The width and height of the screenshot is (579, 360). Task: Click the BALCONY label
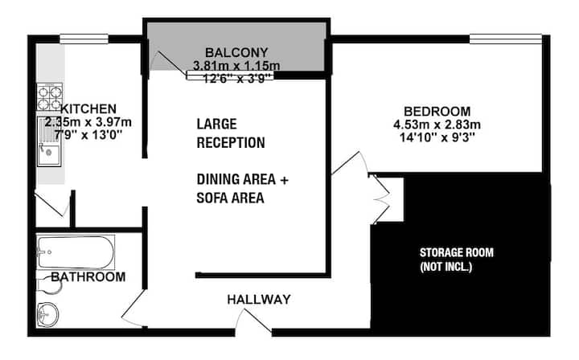(x=236, y=52)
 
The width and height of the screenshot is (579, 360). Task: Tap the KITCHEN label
(x=88, y=108)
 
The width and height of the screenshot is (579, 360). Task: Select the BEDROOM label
(x=437, y=111)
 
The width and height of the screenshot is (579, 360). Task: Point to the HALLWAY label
(x=259, y=299)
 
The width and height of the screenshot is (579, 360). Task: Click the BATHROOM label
(x=88, y=276)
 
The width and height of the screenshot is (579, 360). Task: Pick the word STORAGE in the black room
(x=441, y=252)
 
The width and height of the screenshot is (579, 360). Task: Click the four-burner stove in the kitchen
(x=50, y=96)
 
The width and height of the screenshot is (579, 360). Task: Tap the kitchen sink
(x=49, y=141)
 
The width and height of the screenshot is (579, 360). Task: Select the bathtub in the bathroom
(x=76, y=252)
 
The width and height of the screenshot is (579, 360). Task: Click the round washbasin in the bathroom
(x=47, y=314)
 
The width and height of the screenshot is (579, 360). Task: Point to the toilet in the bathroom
(x=48, y=284)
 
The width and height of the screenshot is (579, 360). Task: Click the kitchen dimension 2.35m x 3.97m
(x=88, y=121)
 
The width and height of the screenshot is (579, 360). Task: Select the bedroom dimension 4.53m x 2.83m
(x=437, y=125)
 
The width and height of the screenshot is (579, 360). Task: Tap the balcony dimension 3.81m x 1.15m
(x=236, y=66)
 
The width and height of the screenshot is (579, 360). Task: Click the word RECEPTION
(x=231, y=142)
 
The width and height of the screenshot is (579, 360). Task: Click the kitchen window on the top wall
(x=84, y=39)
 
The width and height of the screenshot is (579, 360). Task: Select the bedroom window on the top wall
(x=506, y=39)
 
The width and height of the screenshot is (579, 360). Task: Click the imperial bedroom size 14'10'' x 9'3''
(x=437, y=137)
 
